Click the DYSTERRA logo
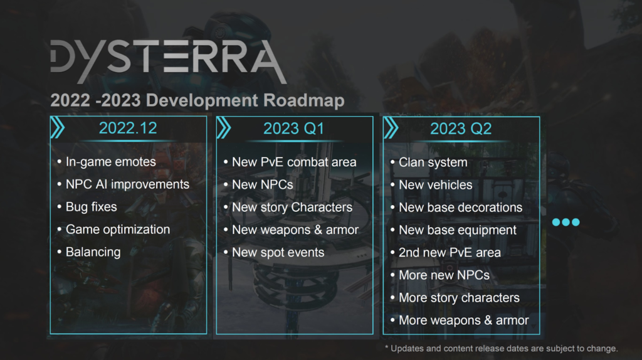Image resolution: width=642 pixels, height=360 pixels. click(168, 61)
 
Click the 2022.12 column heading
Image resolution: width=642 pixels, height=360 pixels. click(128, 128)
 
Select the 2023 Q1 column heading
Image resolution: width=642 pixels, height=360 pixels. click(293, 129)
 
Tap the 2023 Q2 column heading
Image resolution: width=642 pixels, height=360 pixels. click(461, 129)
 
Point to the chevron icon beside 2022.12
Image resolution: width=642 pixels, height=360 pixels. click(58, 128)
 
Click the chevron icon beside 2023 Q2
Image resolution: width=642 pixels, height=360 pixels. click(391, 128)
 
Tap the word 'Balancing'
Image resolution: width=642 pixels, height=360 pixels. click(93, 252)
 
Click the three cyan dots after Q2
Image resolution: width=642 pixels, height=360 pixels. click(566, 222)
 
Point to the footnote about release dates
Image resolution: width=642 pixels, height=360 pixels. click(501, 349)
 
